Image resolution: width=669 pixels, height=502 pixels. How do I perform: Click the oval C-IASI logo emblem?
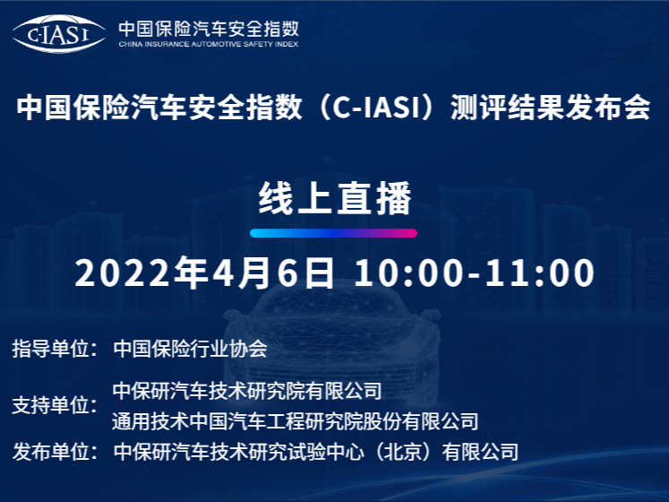coord(59,34)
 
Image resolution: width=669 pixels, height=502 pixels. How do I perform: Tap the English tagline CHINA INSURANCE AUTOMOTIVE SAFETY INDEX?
coord(209,44)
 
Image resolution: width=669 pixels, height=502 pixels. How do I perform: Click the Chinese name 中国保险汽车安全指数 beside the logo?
coord(209,29)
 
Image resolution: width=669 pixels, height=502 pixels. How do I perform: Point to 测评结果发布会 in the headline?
coord(551,107)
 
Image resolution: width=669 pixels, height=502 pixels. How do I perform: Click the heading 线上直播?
coord(335,199)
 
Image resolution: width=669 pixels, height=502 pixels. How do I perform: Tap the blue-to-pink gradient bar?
coord(334,233)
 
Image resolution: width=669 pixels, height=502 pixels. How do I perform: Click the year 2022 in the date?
coord(122,273)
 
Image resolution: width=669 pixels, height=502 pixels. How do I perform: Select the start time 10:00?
coord(408,273)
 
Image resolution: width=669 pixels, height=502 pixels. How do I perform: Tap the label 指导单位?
coord(50,349)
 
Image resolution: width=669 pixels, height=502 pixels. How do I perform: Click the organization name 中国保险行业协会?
coord(190,349)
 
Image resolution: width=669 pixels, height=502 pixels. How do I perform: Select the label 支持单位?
coord(50,405)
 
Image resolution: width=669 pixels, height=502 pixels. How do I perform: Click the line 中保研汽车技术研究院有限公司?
coord(247,391)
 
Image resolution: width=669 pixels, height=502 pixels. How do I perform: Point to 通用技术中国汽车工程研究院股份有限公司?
coord(296,421)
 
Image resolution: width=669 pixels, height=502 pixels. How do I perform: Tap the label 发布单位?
coord(50,452)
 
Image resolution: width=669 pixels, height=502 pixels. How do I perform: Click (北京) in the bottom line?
coord(403,452)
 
